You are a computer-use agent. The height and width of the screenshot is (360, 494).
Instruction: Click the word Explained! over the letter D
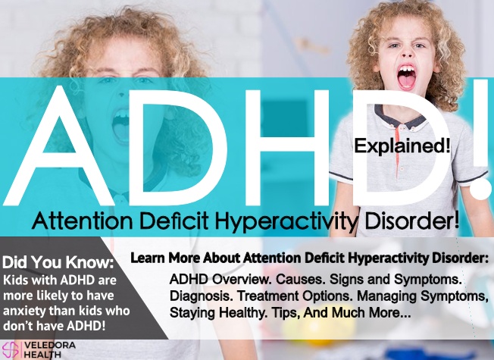click(x=402, y=146)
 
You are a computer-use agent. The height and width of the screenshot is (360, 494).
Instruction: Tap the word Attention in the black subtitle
click(x=83, y=221)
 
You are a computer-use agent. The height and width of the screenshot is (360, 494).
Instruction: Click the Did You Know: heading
click(x=58, y=262)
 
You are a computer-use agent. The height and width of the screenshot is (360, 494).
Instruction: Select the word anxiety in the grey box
click(x=24, y=311)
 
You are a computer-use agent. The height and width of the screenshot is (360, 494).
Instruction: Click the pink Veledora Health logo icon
click(x=11, y=350)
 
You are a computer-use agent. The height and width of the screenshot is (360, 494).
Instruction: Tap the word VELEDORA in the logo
click(x=50, y=345)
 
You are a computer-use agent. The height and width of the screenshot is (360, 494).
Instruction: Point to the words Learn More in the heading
click(x=165, y=258)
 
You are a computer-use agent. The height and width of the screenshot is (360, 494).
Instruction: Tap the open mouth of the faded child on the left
click(x=121, y=126)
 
